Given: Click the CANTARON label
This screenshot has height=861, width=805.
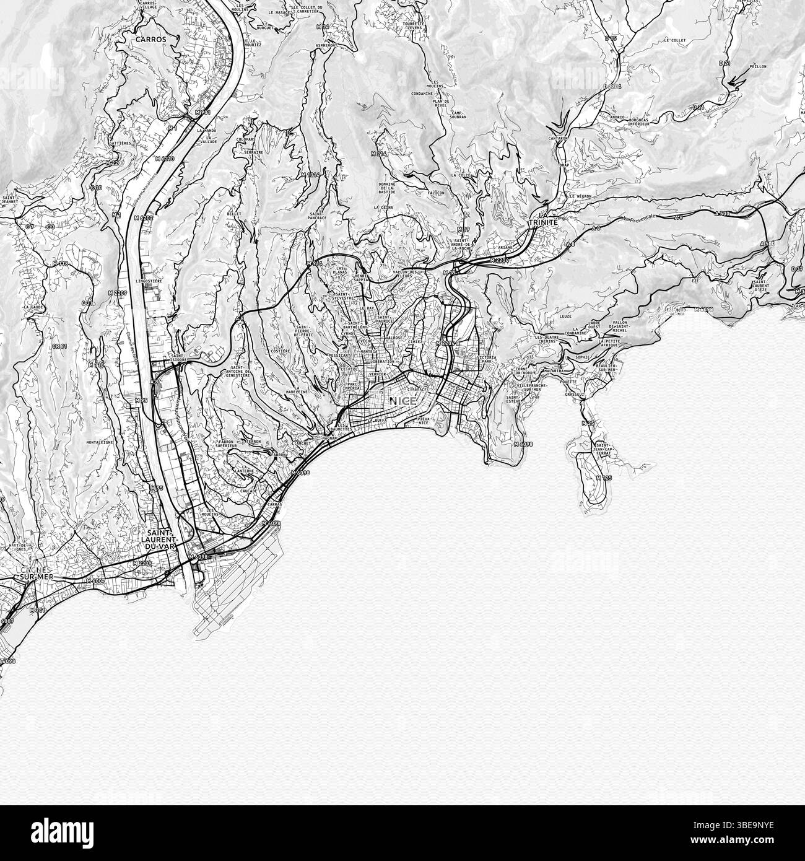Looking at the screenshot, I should click(x=558, y=139).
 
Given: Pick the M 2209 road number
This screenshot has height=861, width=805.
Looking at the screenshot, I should click(x=142, y=564).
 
